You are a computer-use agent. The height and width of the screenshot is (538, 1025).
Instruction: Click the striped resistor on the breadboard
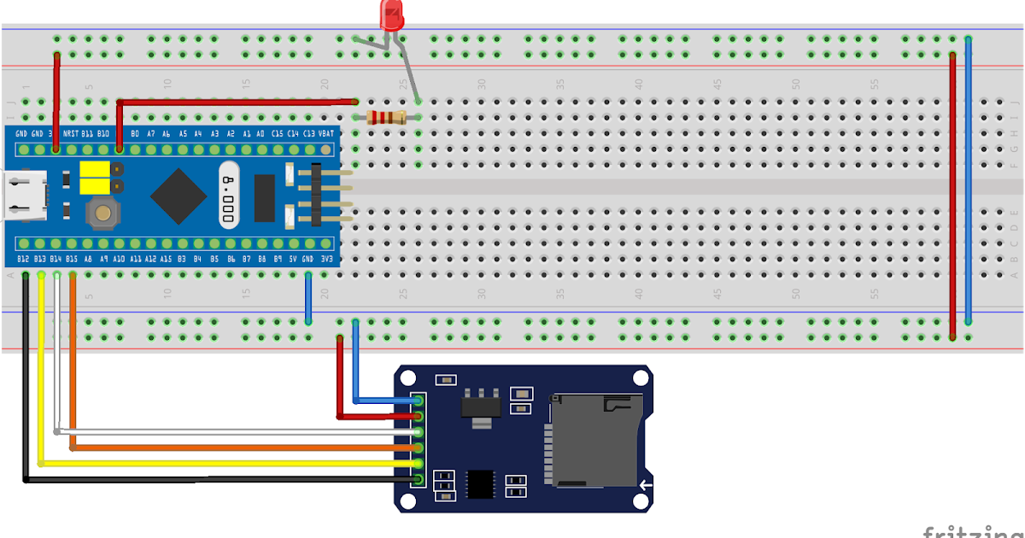point(386,118)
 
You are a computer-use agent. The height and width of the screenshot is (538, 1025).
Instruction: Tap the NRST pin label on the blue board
point(71,134)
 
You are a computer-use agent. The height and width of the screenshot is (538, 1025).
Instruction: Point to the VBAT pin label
point(325,134)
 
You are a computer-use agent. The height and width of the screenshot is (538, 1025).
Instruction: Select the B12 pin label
point(23,259)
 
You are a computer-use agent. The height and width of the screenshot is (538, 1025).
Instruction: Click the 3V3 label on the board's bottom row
point(325,259)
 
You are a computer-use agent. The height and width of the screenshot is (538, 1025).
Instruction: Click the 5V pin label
point(292,259)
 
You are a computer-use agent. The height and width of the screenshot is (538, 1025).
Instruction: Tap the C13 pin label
point(308,134)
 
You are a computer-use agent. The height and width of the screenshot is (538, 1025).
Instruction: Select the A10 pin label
point(119,259)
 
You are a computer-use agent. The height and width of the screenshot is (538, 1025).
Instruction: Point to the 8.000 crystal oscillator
point(227,196)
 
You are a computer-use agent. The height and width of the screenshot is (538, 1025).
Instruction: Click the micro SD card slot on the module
point(594,440)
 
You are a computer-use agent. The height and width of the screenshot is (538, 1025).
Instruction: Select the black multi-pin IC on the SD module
point(481,483)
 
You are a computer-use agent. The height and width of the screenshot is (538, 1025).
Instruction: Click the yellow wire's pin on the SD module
point(418,464)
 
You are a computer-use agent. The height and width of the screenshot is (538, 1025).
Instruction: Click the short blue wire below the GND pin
point(308,299)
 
